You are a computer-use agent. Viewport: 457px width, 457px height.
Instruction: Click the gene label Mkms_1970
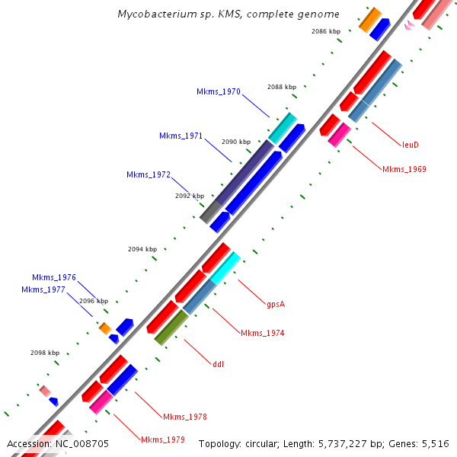(x=219, y=92)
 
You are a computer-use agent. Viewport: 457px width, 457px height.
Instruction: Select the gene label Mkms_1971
(x=181, y=136)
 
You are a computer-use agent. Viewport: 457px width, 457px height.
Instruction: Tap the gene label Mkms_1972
(x=148, y=175)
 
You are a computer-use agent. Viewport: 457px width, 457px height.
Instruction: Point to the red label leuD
(x=411, y=144)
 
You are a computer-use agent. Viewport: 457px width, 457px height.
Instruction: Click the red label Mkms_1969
(x=404, y=169)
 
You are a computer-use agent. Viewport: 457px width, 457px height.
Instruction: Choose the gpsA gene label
(x=276, y=305)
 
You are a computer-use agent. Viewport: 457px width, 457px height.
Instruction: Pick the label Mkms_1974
(x=262, y=333)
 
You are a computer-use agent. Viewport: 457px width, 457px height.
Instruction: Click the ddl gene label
(x=219, y=363)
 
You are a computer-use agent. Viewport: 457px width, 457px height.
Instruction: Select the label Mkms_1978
(x=184, y=417)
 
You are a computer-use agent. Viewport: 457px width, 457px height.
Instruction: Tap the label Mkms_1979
(x=162, y=439)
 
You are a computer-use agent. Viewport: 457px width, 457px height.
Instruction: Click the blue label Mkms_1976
(x=54, y=278)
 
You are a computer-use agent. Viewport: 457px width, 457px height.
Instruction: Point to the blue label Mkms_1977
(x=43, y=289)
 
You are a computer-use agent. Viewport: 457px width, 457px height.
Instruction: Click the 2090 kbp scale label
(x=236, y=142)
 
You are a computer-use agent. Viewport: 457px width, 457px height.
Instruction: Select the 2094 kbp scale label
(x=142, y=249)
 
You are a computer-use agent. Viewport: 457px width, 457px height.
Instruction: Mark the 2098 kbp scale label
(x=45, y=353)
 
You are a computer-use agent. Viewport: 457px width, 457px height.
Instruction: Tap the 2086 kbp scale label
(x=326, y=31)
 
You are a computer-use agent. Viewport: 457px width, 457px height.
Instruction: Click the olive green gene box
(x=171, y=328)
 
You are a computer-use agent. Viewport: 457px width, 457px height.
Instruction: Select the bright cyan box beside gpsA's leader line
(x=225, y=267)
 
